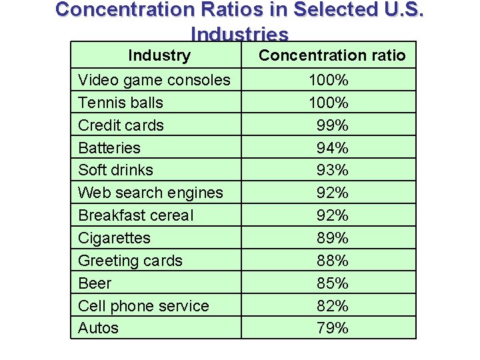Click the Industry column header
tap(159, 55)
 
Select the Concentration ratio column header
tap(331, 55)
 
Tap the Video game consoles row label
tap(154, 80)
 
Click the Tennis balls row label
tap(121, 103)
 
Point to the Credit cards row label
tap(121, 125)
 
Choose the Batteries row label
tap(109, 148)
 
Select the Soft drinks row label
tap(115, 170)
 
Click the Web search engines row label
tap(150, 193)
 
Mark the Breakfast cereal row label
tap(135, 215)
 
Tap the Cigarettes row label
tap(114, 238)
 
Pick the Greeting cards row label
tap(130, 261)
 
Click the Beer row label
tap(95, 283)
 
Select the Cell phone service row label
tap(143, 306)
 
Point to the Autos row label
tap(98, 328)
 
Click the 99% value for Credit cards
tap(332, 125)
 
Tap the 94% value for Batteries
tap(332, 148)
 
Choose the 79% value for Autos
tap(332, 328)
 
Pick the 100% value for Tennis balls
tap(328, 103)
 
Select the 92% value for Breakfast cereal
tap(332, 215)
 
